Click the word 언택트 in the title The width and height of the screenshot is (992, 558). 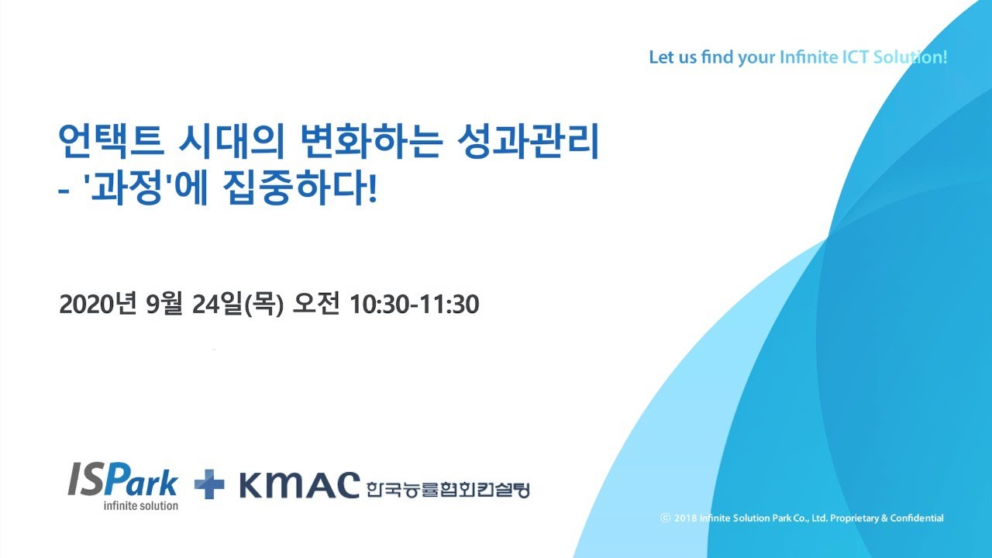coord(112,141)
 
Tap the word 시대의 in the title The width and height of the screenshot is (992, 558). coord(231,141)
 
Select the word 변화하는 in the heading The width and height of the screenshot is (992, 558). coord(370,141)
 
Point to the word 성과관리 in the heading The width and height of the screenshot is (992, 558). coord(528,141)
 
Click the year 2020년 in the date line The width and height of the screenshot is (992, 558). coord(98,305)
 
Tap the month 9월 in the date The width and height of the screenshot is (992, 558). coord(164,305)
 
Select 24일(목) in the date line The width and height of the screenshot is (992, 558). coord(237,305)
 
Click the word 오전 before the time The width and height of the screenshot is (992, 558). coord(315,305)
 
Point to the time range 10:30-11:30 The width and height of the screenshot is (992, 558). coord(414,305)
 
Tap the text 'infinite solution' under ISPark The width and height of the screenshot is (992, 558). coord(141,505)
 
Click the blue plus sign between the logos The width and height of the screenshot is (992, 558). coord(209,484)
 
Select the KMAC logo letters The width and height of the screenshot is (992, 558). coord(299,485)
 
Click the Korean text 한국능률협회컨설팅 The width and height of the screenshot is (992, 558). coord(448,491)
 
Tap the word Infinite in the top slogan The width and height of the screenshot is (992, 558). coord(808,57)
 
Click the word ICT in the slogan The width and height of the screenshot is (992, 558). coord(855,57)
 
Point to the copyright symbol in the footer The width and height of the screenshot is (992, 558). coord(665,518)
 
